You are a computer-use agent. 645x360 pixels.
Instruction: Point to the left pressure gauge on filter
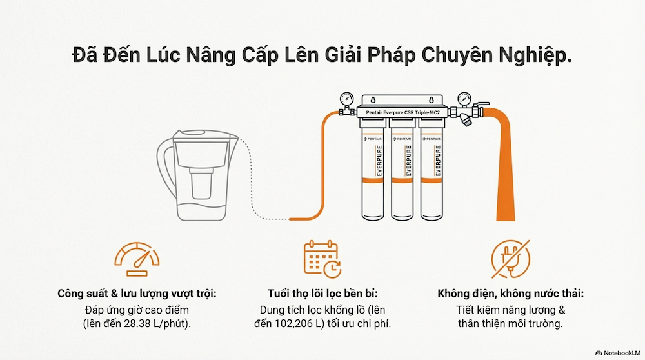(x=346, y=99)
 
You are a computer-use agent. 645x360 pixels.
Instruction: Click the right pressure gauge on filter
(x=462, y=99)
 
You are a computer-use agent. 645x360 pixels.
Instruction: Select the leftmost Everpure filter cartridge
(x=375, y=174)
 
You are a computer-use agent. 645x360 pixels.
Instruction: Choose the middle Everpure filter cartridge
(x=404, y=174)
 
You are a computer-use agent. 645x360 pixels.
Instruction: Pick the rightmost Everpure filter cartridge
(x=433, y=174)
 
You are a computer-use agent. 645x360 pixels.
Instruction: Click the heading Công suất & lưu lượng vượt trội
(x=137, y=294)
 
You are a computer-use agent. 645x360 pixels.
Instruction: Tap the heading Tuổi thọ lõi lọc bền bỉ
(x=322, y=294)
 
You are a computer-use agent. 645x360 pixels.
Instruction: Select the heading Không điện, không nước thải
(x=509, y=294)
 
